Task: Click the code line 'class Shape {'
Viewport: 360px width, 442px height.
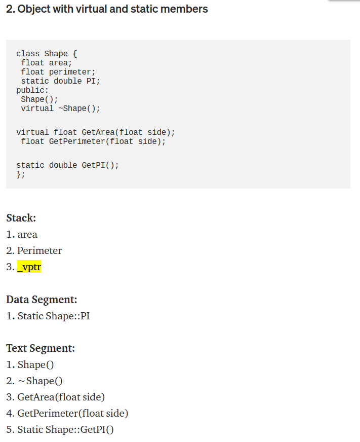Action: [x=46, y=54]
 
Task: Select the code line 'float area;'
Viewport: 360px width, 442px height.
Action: [x=46, y=63]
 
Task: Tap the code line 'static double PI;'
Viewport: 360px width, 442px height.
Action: [x=60, y=81]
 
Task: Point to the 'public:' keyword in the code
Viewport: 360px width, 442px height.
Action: [x=32, y=90]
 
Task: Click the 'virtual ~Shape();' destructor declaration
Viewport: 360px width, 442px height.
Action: [x=60, y=108]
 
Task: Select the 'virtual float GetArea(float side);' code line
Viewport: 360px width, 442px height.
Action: [x=96, y=132]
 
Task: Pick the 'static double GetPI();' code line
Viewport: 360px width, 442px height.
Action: [x=67, y=165]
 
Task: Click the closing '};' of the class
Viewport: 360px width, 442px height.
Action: [x=21, y=174]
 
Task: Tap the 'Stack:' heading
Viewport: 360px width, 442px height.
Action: [x=21, y=218]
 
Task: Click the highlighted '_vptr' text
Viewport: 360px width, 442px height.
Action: [x=29, y=267]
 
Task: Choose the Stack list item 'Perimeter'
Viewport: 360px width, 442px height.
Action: [x=39, y=250]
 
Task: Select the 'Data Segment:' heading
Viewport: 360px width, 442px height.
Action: [x=42, y=299]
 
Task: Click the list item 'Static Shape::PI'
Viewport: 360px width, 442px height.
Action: [x=54, y=316]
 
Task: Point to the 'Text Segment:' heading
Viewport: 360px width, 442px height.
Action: [x=41, y=348]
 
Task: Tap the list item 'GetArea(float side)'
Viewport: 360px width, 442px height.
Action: [x=61, y=397]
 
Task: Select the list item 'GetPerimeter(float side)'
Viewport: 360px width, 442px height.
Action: [x=72, y=413]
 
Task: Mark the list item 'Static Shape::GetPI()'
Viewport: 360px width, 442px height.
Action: [x=65, y=429]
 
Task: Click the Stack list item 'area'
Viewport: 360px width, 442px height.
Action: [x=27, y=234]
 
